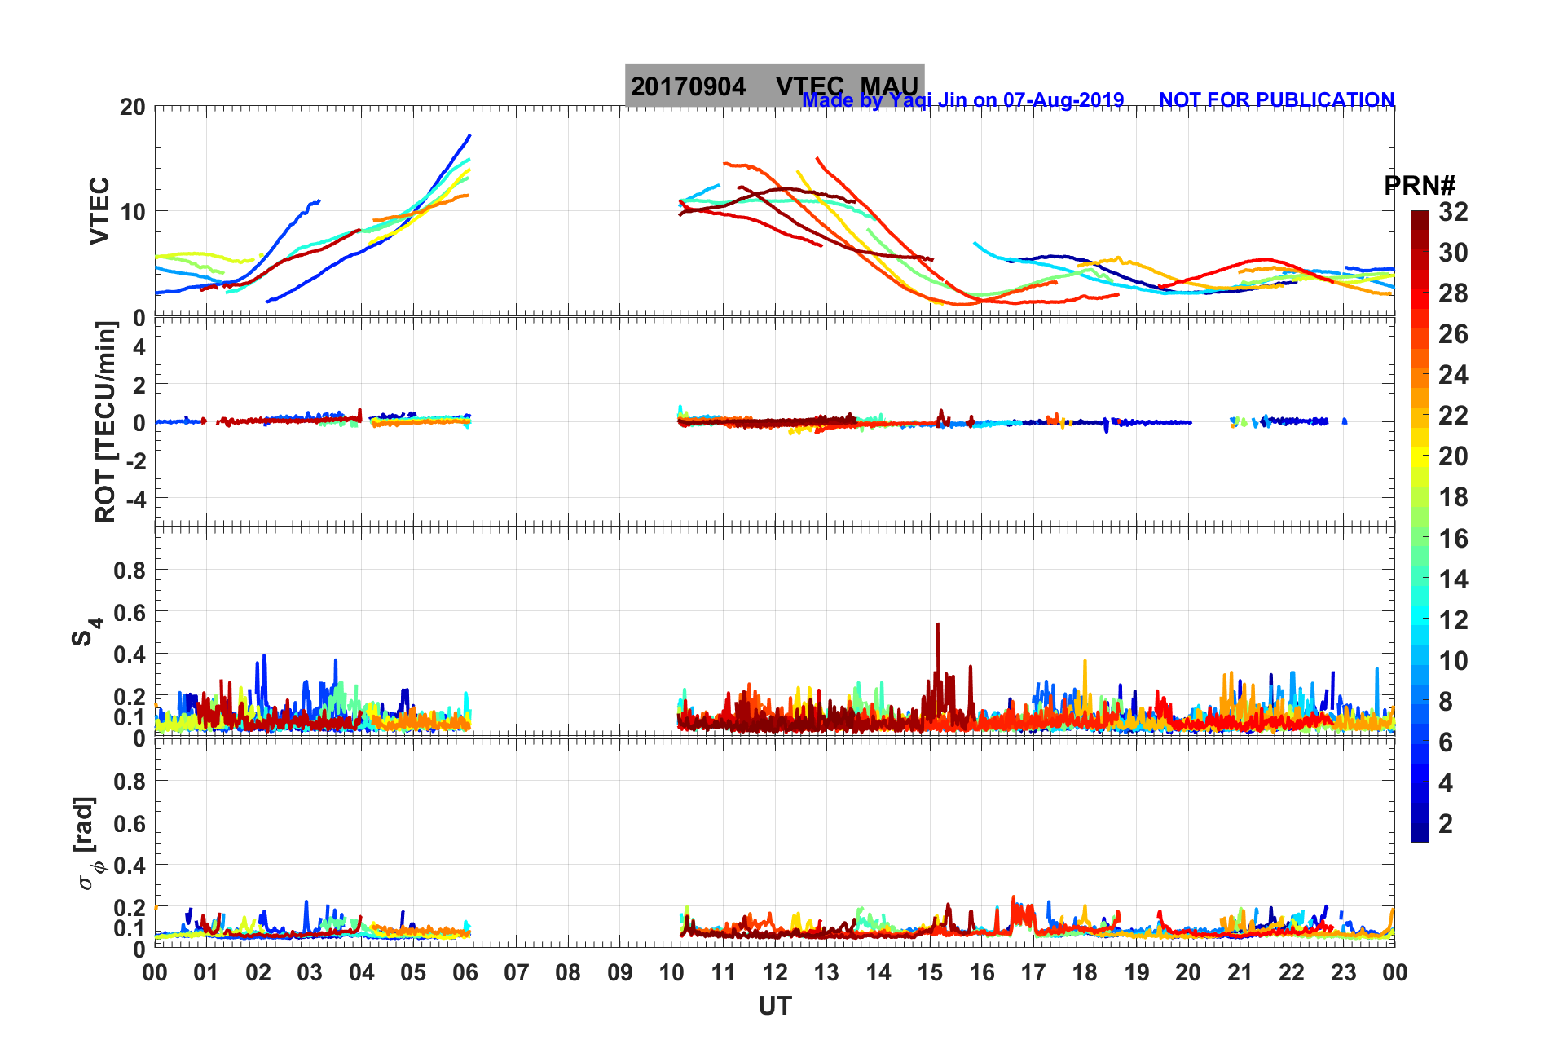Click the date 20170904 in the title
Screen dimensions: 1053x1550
pos(688,86)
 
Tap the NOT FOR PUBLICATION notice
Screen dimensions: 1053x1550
pos(1276,99)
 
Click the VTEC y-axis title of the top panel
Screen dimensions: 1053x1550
pos(99,211)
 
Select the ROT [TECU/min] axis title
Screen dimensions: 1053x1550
pos(105,422)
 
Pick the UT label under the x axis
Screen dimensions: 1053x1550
pos(774,1007)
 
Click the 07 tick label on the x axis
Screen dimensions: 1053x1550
pos(517,972)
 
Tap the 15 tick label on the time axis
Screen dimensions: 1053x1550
pos(930,972)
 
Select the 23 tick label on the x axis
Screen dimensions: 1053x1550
pos(1343,972)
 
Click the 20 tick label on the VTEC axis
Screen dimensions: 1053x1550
pos(133,107)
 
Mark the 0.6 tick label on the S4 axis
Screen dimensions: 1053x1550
pos(130,612)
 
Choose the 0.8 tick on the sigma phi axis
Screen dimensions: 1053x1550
pos(130,781)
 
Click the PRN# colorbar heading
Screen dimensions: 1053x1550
pos(1420,186)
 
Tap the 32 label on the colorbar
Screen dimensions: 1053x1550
pos(1453,212)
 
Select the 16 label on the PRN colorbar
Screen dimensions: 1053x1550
pos(1453,538)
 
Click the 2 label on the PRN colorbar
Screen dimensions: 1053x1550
pos(1446,823)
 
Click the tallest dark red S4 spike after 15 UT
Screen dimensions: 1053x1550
pos(938,625)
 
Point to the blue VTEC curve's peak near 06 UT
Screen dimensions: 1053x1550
pos(469,135)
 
